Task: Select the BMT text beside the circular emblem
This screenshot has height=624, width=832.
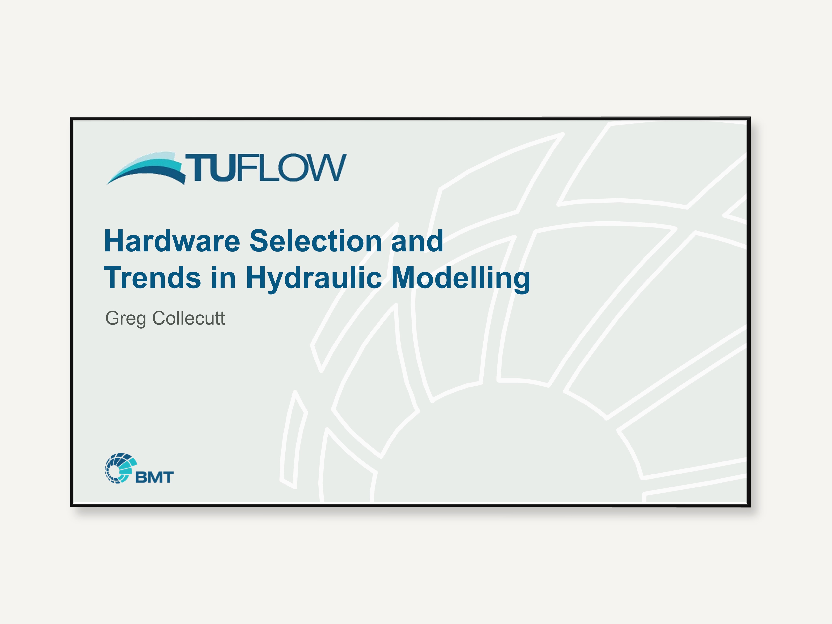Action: click(154, 477)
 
